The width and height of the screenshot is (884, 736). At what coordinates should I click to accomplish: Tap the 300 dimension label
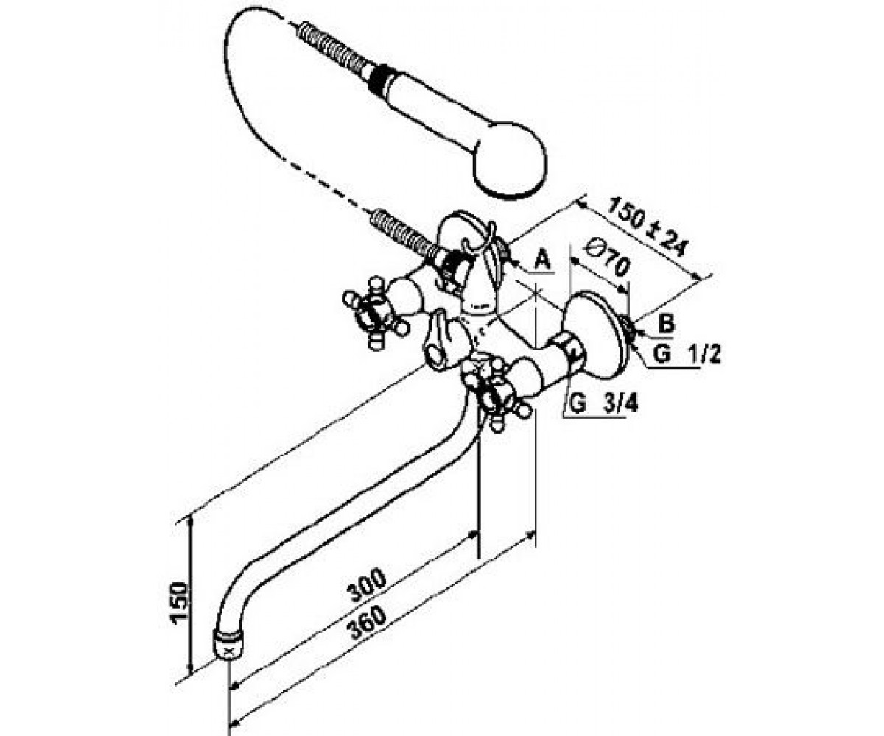(367, 587)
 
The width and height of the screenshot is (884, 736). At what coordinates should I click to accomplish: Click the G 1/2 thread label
(687, 355)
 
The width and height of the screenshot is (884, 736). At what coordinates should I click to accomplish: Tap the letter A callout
(542, 259)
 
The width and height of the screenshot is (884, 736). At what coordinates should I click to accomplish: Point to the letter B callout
(667, 324)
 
